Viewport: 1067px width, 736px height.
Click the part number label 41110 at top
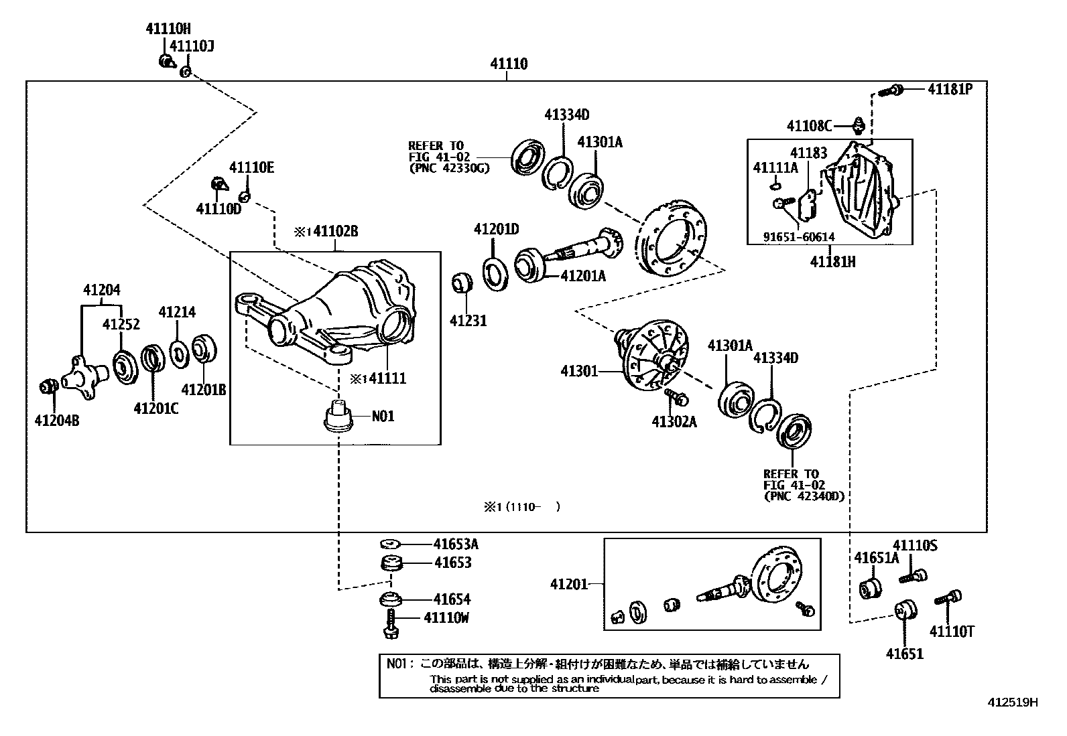coord(508,64)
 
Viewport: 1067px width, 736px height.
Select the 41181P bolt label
coord(949,88)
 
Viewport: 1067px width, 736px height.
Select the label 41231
coord(468,321)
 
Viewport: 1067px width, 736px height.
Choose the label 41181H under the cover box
coord(832,262)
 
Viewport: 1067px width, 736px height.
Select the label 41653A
coord(456,544)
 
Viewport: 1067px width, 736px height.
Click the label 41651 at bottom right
coord(904,654)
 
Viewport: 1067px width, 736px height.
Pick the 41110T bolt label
coord(951,631)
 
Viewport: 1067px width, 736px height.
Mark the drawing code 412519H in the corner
coord(1012,703)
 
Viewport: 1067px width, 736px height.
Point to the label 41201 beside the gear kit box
coord(568,584)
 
